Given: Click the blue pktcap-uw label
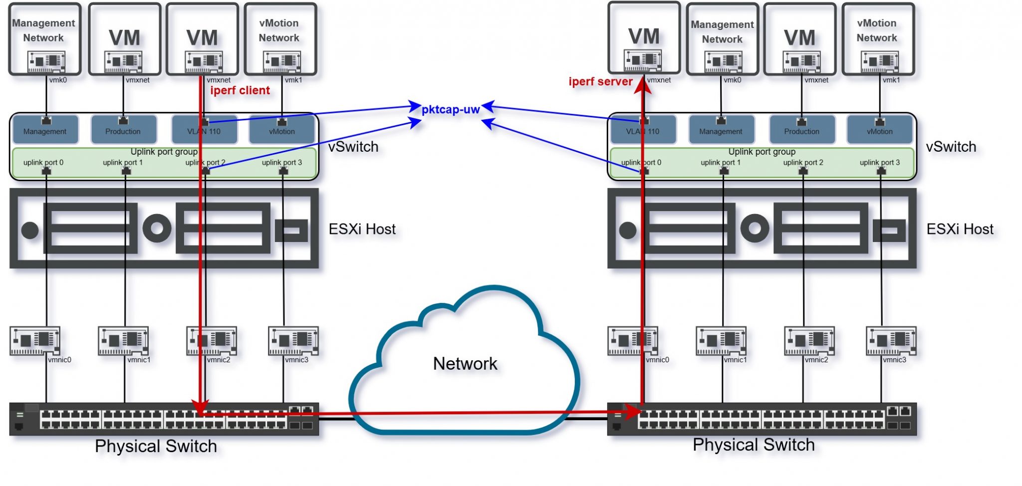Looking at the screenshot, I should [451, 109].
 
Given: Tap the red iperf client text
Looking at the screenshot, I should [240, 90].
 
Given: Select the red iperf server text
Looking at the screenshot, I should [600, 81].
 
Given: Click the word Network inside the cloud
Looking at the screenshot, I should [465, 363].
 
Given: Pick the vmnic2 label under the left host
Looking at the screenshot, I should [219, 360].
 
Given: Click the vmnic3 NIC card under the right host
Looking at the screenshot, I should [891, 340].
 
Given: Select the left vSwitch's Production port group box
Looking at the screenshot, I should [123, 129].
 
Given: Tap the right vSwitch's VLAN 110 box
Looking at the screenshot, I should [643, 129].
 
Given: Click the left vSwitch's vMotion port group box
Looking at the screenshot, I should [282, 129].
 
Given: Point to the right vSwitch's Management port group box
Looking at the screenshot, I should [721, 129].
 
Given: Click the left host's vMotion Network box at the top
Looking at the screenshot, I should [279, 39].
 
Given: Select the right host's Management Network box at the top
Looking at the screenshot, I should [722, 39].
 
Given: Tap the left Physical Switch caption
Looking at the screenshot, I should [156, 446].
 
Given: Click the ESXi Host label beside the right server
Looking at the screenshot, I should [960, 229].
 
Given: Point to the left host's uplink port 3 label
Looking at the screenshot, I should [282, 162].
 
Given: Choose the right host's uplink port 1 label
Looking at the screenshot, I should [721, 162].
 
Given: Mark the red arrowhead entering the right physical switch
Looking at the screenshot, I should [632, 412].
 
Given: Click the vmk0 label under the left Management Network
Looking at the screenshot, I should [58, 80].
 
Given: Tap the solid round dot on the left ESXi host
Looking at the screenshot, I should [30, 230].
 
